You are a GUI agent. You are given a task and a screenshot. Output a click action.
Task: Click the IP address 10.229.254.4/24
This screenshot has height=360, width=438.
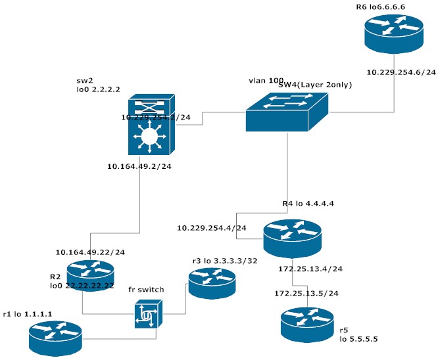click(212, 228)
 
